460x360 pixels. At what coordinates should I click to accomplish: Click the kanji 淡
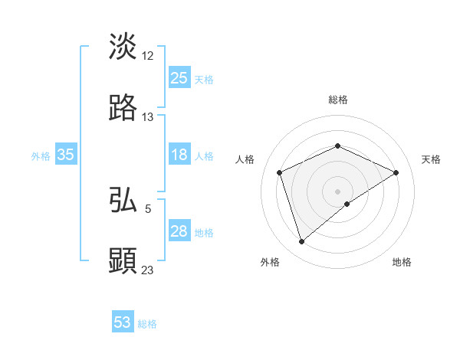click(123, 46)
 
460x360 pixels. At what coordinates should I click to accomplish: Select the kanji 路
click(123, 108)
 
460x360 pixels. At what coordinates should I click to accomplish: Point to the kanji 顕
click(123, 260)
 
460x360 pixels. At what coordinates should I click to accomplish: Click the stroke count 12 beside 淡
click(148, 56)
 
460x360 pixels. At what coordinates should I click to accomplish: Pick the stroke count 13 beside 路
click(148, 117)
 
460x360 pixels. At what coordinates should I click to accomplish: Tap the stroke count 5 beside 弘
click(148, 208)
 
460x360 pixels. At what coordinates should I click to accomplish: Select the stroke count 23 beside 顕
click(148, 270)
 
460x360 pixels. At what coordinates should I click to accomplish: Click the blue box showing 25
click(179, 78)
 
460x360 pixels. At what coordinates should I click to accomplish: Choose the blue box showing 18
click(179, 155)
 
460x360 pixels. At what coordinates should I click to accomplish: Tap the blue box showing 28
click(179, 231)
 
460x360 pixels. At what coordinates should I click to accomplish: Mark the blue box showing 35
click(66, 155)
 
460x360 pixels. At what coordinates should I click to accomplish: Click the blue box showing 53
click(123, 322)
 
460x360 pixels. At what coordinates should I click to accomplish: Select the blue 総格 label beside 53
click(147, 324)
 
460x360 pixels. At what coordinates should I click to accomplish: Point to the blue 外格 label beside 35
click(41, 156)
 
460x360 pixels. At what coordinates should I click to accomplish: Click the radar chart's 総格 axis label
click(338, 100)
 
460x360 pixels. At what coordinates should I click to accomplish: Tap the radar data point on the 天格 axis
click(396, 172)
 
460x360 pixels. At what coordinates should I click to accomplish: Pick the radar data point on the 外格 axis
click(301, 242)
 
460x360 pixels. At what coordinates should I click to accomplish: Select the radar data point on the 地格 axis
click(347, 204)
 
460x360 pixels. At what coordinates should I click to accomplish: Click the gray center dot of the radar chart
click(338, 191)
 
